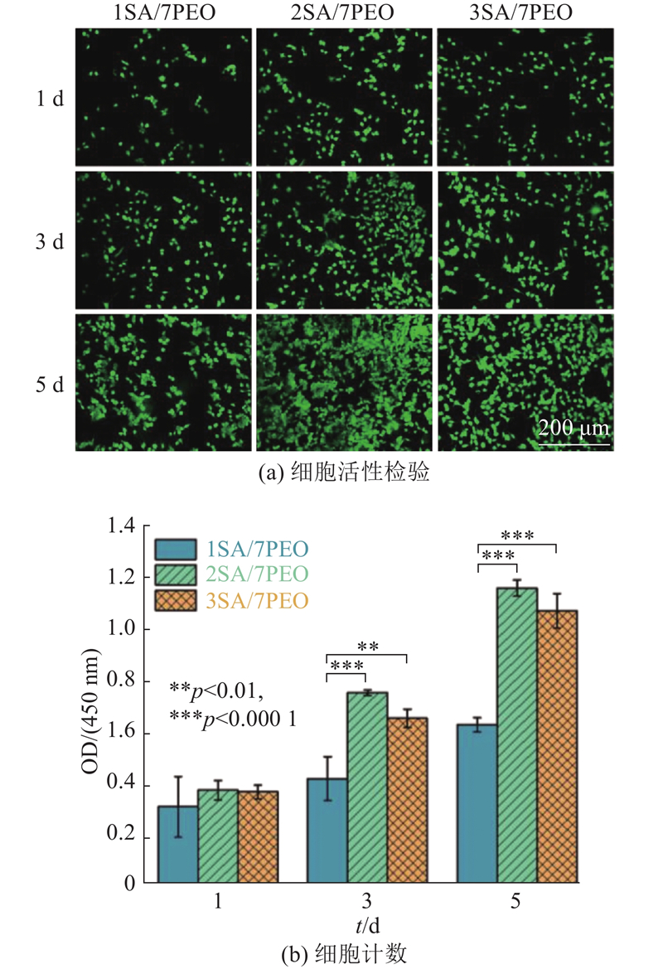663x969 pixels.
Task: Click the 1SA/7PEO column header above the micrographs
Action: [163, 13]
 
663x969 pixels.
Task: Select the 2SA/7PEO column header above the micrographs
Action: [344, 13]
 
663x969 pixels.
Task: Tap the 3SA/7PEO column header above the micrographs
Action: [525, 13]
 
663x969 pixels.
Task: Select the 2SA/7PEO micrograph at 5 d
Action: [344, 380]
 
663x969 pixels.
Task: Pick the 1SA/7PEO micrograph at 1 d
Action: [163, 97]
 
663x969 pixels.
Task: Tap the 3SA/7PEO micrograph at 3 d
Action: [525, 238]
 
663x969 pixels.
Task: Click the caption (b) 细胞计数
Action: [345, 953]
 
